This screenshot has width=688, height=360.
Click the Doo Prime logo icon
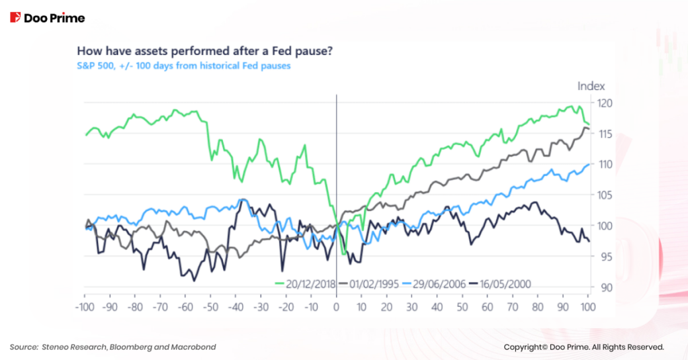click(15, 17)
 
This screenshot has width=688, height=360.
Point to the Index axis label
click(591, 86)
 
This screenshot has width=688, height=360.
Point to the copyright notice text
click(583, 347)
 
